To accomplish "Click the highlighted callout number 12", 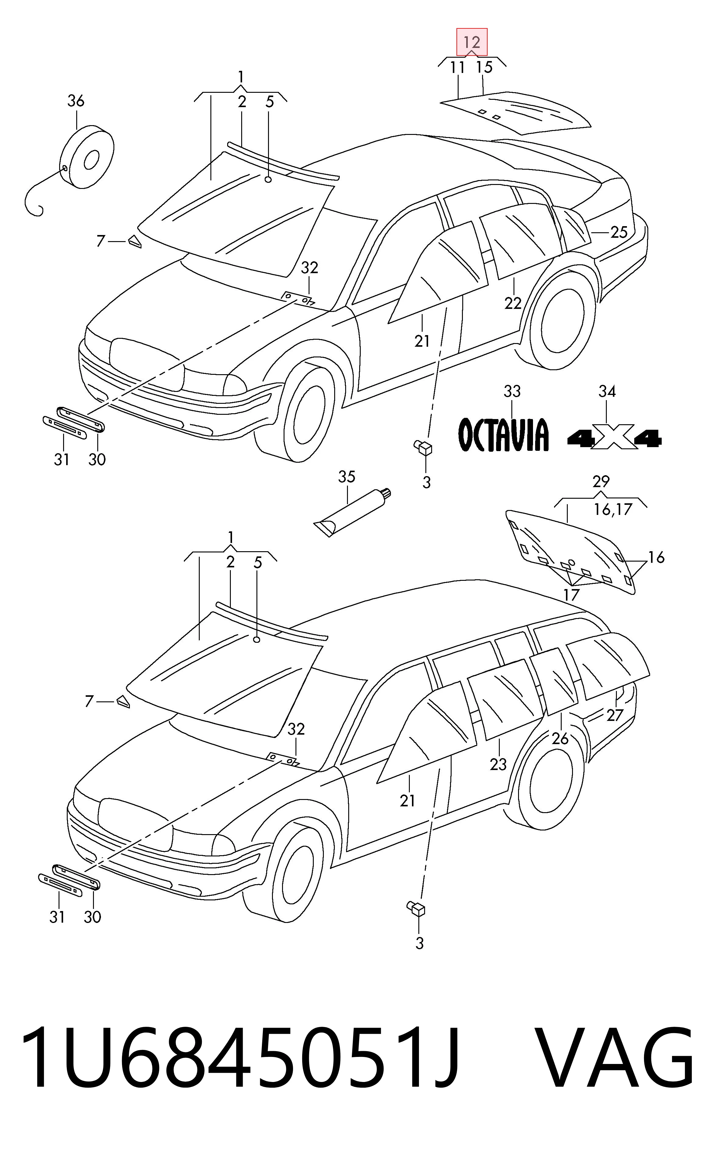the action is click(x=472, y=42).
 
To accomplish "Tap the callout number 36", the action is click(x=76, y=100).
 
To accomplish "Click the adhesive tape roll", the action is click(x=88, y=157).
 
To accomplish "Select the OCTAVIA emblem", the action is click(x=503, y=434).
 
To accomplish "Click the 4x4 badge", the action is click(x=614, y=439).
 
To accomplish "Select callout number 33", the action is click(x=512, y=391).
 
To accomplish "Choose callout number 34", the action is click(x=607, y=391).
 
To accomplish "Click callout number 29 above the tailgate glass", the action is click(x=601, y=482).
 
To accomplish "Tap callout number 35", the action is click(x=347, y=477).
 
